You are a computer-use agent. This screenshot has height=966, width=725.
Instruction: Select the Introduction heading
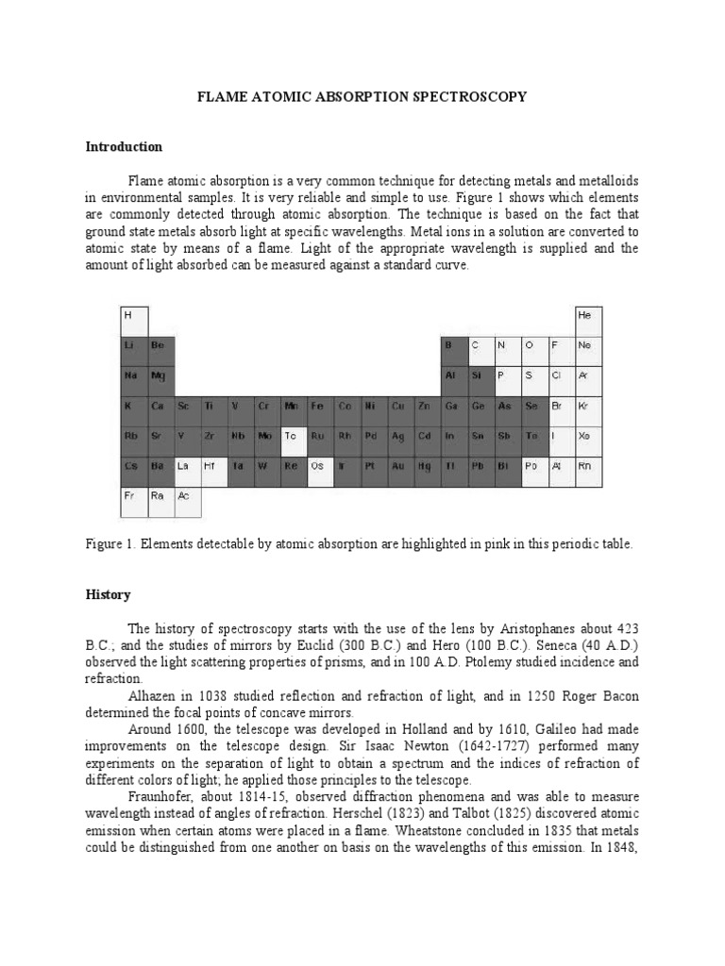pos(124,147)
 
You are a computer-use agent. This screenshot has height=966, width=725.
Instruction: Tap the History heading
pos(108,595)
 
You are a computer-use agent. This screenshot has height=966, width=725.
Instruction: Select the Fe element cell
pos(321,406)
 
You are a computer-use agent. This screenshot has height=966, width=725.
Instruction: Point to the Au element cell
pos(401,466)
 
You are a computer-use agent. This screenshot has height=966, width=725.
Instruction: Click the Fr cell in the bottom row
pos(133,496)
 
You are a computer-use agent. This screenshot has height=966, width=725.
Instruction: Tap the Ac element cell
pos(187,496)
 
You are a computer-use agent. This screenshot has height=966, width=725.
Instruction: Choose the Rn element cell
pos(587,466)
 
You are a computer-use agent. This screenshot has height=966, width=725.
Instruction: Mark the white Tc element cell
pos(294,436)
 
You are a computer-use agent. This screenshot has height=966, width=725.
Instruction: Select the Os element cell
pos(321,466)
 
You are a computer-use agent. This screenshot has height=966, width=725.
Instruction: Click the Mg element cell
pos(160,375)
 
